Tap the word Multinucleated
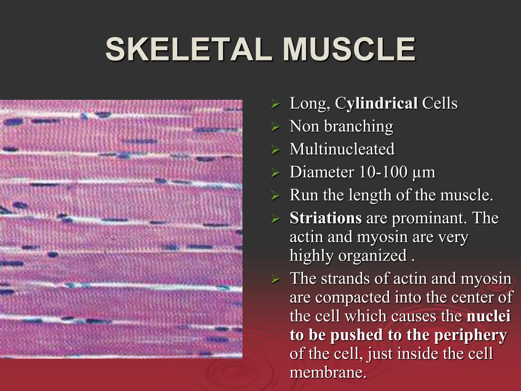(x=342, y=149)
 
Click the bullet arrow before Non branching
(x=275, y=127)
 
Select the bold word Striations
(x=326, y=218)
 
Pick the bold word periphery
(x=470, y=336)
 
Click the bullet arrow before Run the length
(x=275, y=195)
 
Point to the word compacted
(x=353, y=297)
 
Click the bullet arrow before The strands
(x=275, y=279)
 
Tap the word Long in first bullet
(x=308, y=104)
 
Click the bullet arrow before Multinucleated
(x=275, y=149)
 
